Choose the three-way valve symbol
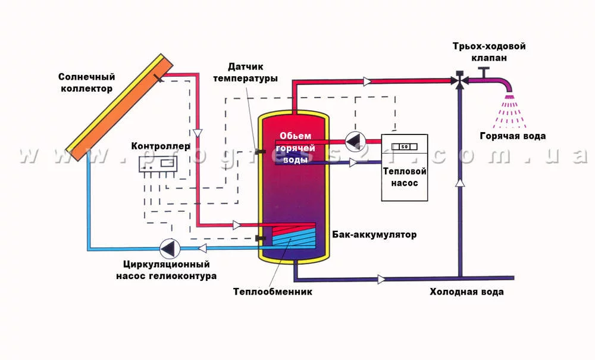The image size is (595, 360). [459, 80]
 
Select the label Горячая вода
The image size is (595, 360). [512, 136]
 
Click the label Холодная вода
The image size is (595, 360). [467, 292]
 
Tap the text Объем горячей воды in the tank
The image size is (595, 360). [294, 148]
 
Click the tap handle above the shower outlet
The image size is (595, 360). [484, 71]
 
